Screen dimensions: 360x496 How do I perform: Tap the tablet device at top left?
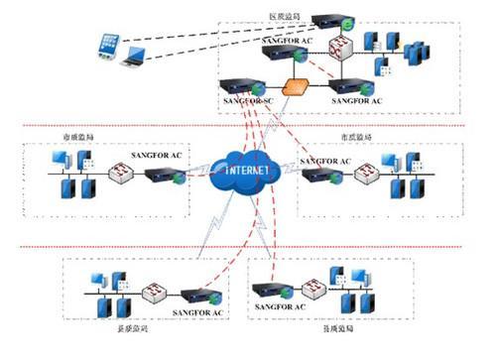click(x=108, y=44)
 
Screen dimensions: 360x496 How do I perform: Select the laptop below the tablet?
click(x=131, y=66)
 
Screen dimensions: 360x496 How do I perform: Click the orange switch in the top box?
click(x=296, y=86)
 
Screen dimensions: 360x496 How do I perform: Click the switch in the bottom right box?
click(x=315, y=289)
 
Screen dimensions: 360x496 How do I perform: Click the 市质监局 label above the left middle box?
click(x=75, y=138)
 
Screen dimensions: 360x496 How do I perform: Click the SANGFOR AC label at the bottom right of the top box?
click(x=356, y=101)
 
